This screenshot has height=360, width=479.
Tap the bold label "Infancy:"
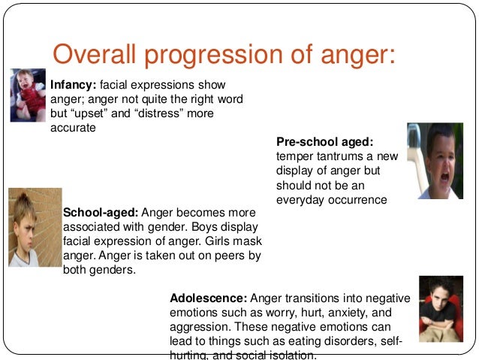72,84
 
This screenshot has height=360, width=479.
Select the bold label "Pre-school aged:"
324,142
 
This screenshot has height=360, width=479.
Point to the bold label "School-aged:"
101,212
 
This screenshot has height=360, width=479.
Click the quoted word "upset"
92,113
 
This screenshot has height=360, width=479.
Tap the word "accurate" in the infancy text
74,128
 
